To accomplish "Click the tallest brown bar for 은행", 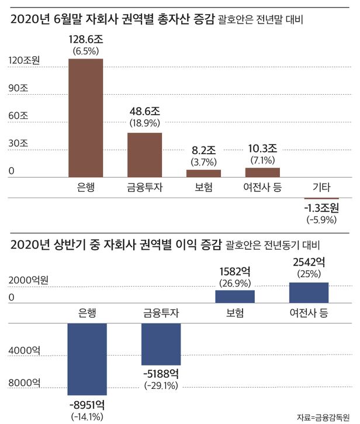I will click(85, 117).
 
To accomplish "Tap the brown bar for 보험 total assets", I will click(203, 173).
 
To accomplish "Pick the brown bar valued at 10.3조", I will click(262, 172).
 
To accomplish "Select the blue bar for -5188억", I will click(161, 344).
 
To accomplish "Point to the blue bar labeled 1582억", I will click(234, 297).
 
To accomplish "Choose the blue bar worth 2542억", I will click(309, 292).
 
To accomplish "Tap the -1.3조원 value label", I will click(321, 208).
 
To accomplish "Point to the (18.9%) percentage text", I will click(144, 123).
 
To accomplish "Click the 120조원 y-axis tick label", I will click(25, 61).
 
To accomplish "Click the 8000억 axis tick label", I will click(23, 383).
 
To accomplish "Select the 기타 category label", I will click(321, 188).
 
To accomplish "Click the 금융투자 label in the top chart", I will click(144, 188).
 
